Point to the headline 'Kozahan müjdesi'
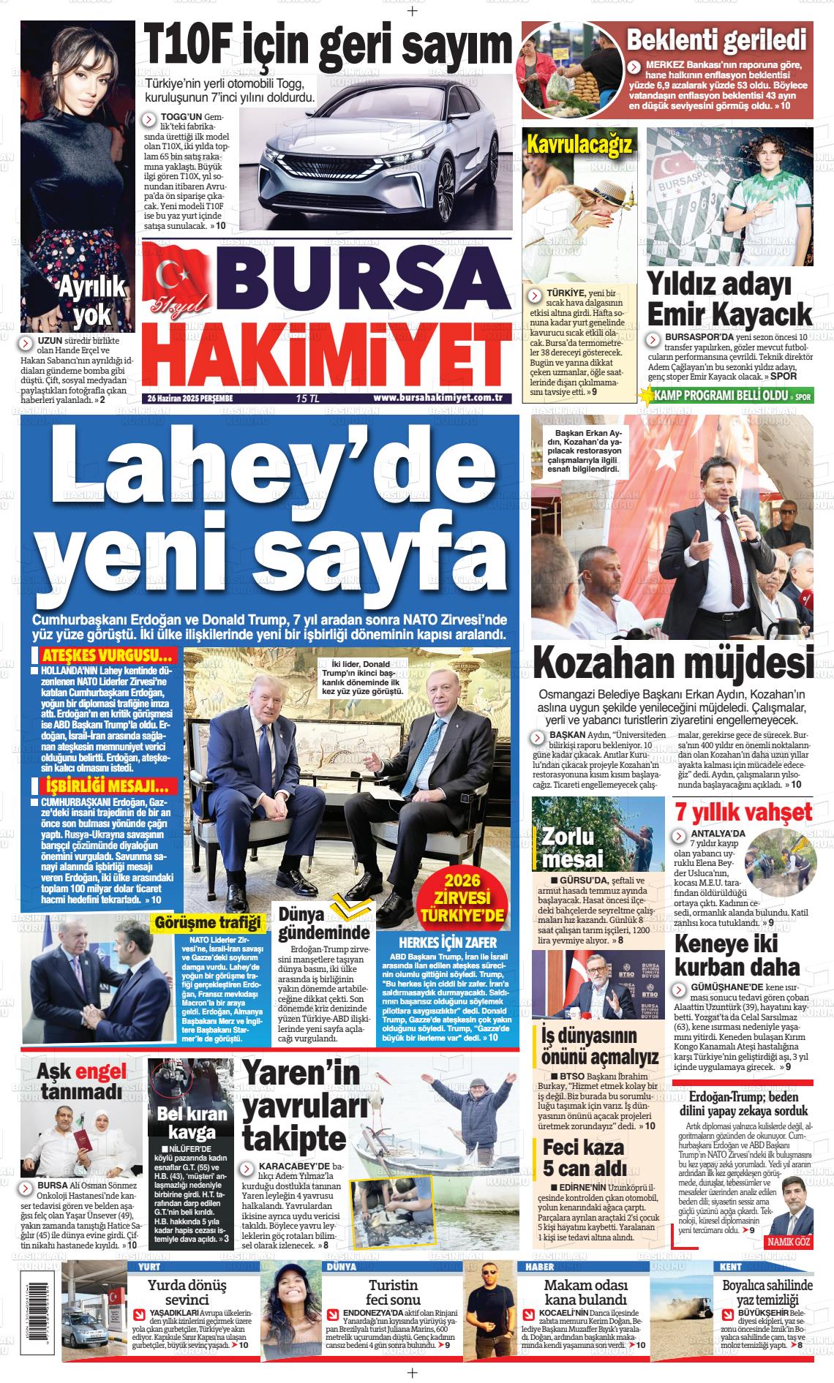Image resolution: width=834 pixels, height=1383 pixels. click(x=672, y=662)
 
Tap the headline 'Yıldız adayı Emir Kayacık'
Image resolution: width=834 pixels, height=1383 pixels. click(x=729, y=300)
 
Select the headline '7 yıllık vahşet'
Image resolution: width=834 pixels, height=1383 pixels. click(x=743, y=812)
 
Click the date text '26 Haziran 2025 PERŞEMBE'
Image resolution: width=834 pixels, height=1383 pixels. click(x=189, y=399)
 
